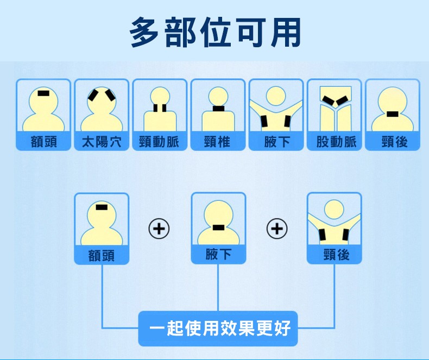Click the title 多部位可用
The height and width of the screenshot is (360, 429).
[216, 31]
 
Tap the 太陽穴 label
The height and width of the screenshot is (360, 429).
[102, 142]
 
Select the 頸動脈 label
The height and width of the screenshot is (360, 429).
[160, 142]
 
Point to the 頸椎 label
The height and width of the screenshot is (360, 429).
[218, 142]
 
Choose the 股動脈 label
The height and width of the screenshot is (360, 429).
[335, 142]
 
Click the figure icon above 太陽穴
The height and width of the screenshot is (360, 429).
[102, 107]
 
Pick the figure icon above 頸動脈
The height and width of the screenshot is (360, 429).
[160, 107]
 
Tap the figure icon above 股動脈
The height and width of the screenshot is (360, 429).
[335, 107]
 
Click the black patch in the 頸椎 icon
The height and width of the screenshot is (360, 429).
[218, 109]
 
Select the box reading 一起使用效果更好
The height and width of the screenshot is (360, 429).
[218, 329]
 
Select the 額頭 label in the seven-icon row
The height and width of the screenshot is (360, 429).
[43, 142]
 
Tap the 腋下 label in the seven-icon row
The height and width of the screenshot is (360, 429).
[276, 142]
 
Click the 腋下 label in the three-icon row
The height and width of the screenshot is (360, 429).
[218, 254]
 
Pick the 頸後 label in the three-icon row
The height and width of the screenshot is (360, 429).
[335, 254]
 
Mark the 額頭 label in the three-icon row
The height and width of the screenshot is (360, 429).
[102, 255]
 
